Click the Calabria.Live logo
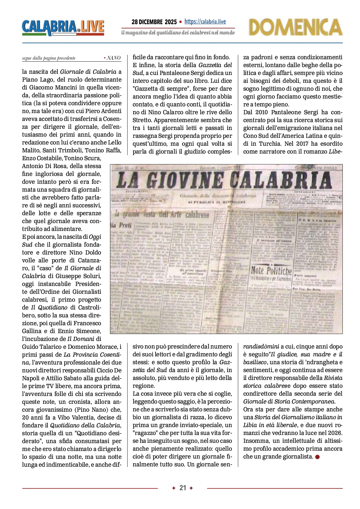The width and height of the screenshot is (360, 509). (x=63, y=28)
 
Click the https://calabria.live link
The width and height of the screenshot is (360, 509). (x=205, y=21)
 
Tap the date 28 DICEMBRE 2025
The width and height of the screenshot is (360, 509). (x=154, y=22)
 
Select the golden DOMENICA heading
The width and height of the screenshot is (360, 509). (x=295, y=27)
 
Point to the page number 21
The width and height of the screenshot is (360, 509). (x=183, y=488)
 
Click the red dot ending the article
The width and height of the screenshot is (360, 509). (x=317, y=457)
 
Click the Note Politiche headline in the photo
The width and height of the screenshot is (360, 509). (x=271, y=270)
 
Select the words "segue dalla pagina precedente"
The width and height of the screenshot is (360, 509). (x=49, y=58)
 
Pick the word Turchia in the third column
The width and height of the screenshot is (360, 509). (x=269, y=144)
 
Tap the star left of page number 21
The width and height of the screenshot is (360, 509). (x=174, y=488)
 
